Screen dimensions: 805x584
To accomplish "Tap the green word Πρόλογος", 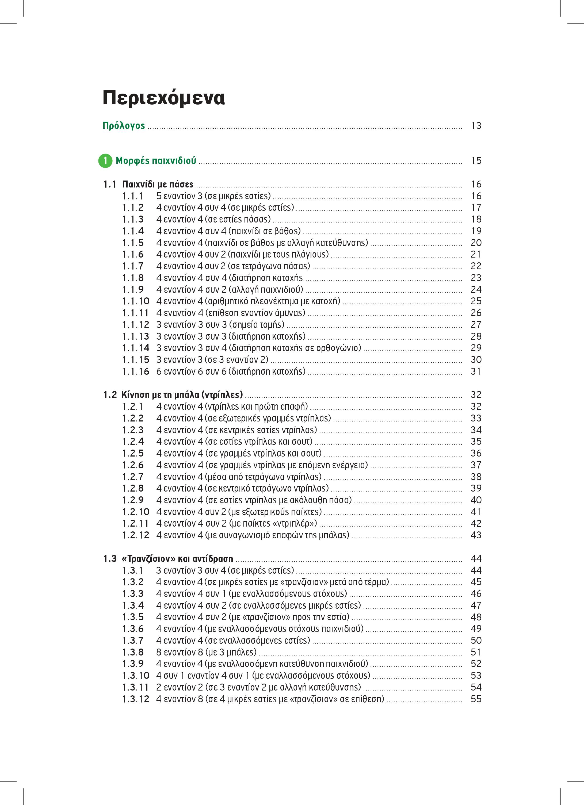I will point(124,126).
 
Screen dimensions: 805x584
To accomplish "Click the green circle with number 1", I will point(105,161).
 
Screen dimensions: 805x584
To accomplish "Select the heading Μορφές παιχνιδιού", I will point(156,161).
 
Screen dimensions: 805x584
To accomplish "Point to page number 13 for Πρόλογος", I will point(476,126).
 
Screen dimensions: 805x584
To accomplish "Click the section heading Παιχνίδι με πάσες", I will point(158,184).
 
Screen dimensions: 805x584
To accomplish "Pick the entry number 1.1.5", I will point(133,243).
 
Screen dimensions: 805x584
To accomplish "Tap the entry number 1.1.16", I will point(136,372).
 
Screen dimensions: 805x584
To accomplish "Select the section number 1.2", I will point(110,395).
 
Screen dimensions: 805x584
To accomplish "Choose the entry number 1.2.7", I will point(133,477).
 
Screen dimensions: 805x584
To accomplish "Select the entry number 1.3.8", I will point(133,652).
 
